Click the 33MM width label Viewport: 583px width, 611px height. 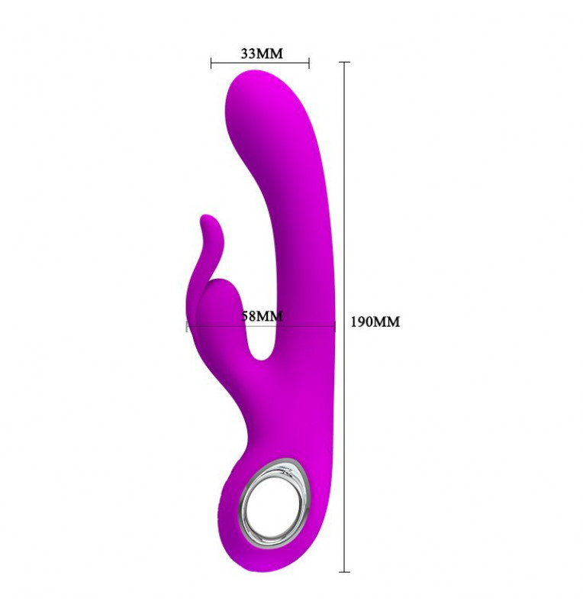pos(262,53)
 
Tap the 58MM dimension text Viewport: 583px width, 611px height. pos(262,315)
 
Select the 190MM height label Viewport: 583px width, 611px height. pos(375,322)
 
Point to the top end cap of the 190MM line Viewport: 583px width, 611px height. pos(344,62)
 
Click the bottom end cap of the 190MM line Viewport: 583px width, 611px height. pos(344,571)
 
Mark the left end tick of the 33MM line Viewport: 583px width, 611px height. pos(211,63)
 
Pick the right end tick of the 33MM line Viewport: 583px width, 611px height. pos(309,63)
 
